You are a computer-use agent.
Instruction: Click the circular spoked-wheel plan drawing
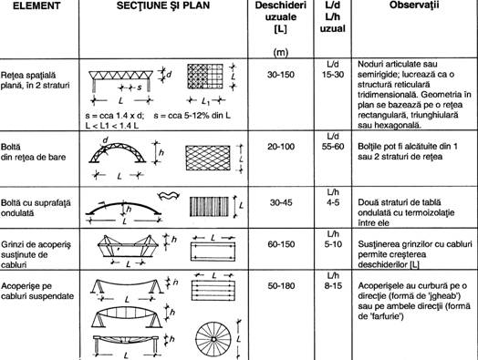click(x=205, y=329)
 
